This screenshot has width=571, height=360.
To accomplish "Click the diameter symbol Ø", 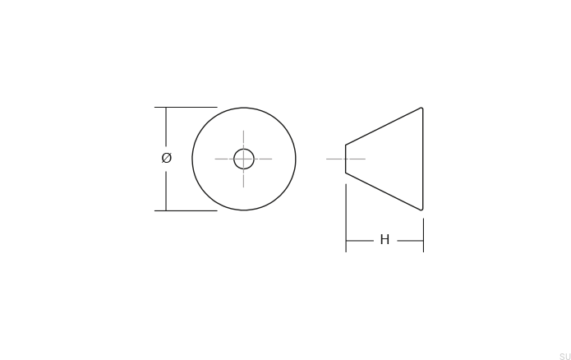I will click(x=167, y=158).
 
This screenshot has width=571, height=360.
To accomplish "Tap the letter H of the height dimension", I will click(x=385, y=240).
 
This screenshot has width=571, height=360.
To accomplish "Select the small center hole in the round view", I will click(x=244, y=159).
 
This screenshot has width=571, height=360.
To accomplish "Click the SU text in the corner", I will click(x=564, y=355).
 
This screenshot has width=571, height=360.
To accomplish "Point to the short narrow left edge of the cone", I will click(x=345, y=159).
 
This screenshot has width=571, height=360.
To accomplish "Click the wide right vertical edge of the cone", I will click(x=423, y=159).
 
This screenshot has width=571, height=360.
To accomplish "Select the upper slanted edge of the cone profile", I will click(x=384, y=126).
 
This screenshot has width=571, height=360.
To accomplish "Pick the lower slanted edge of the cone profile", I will click(x=384, y=192).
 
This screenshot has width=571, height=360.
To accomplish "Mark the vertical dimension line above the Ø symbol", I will click(x=167, y=127).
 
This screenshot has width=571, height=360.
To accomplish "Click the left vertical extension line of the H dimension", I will click(x=346, y=218).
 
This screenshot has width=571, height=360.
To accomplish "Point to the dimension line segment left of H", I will click(x=360, y=241).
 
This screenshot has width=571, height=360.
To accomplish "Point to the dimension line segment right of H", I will click(x=409, y=241).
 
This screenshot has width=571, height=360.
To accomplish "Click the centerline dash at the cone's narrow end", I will click(x=334, y=159).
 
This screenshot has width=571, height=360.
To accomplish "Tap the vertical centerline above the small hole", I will click(x=244, y=138).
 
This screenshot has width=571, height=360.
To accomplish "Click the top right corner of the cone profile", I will click(x=422, y=108).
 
